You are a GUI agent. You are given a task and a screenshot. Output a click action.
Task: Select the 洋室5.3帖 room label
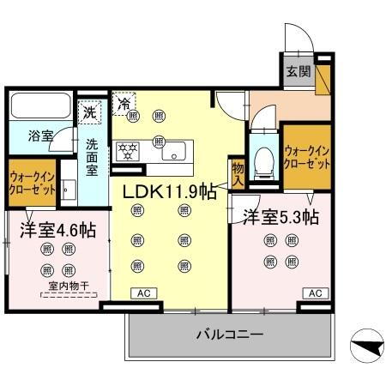pos(280,216)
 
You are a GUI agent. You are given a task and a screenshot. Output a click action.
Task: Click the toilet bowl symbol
pos(265,158)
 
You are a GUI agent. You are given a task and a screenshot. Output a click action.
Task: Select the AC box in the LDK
pos(142,294)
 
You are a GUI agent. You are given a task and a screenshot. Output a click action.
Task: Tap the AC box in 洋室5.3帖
pos(315,294)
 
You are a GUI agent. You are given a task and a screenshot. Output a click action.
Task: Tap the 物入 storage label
pos(238,174)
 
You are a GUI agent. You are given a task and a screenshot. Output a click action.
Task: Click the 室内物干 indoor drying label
pos(57,286)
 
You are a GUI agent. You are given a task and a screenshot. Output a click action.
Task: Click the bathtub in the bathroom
pos(39,107)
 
